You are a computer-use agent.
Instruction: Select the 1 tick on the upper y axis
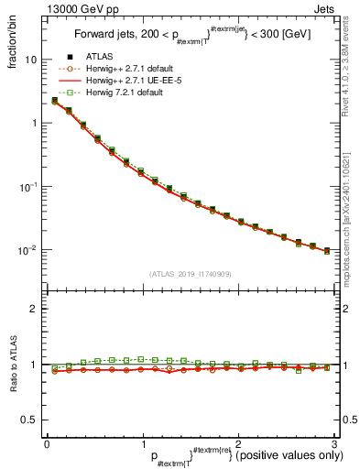coord(34,123)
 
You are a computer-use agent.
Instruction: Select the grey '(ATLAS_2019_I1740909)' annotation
coord(191,274)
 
